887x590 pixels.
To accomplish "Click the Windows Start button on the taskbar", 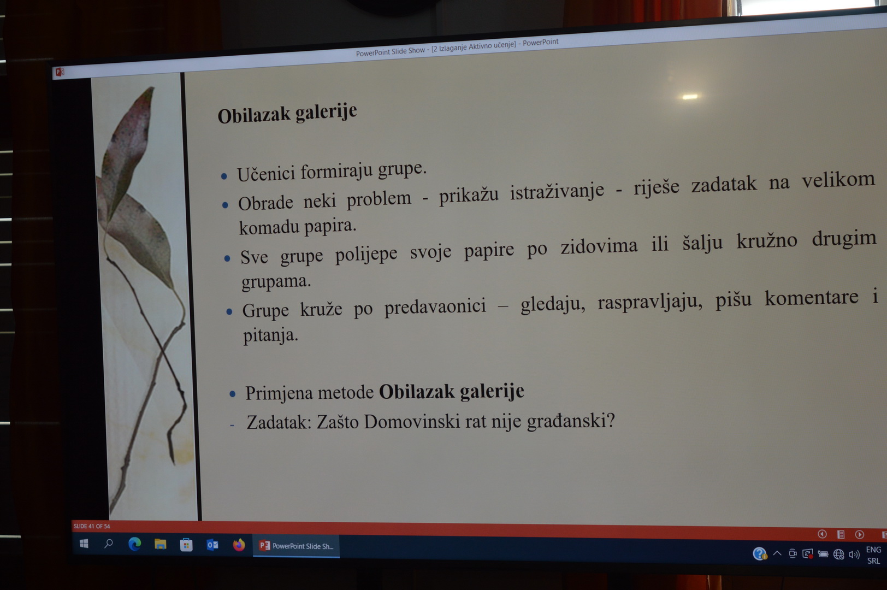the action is click(84, 544).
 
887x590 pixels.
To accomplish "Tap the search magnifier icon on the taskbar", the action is click(108, 544).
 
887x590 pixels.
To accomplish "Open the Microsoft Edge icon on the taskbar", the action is click(134, 544).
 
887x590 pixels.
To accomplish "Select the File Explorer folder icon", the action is click(160, 545).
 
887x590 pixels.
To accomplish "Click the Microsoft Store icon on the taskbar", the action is click(186, 545).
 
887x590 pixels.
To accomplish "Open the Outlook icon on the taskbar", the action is click(212, 545).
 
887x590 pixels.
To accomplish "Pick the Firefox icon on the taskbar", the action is click(239, 545).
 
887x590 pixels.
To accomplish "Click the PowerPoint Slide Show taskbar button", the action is click(296, 546).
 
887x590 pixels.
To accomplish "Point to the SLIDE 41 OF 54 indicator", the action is click(91, 526).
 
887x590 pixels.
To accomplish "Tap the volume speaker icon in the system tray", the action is click(854, 554).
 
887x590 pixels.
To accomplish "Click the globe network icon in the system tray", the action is click(838, 554).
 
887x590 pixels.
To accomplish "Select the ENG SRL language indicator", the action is click(873, 555).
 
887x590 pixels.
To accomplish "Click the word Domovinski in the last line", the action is click(412, 422).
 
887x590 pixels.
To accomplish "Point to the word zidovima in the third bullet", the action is click(599, 246).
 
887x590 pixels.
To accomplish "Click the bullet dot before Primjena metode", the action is click(233, 394).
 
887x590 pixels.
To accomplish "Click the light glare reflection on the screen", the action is click(689, 97).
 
